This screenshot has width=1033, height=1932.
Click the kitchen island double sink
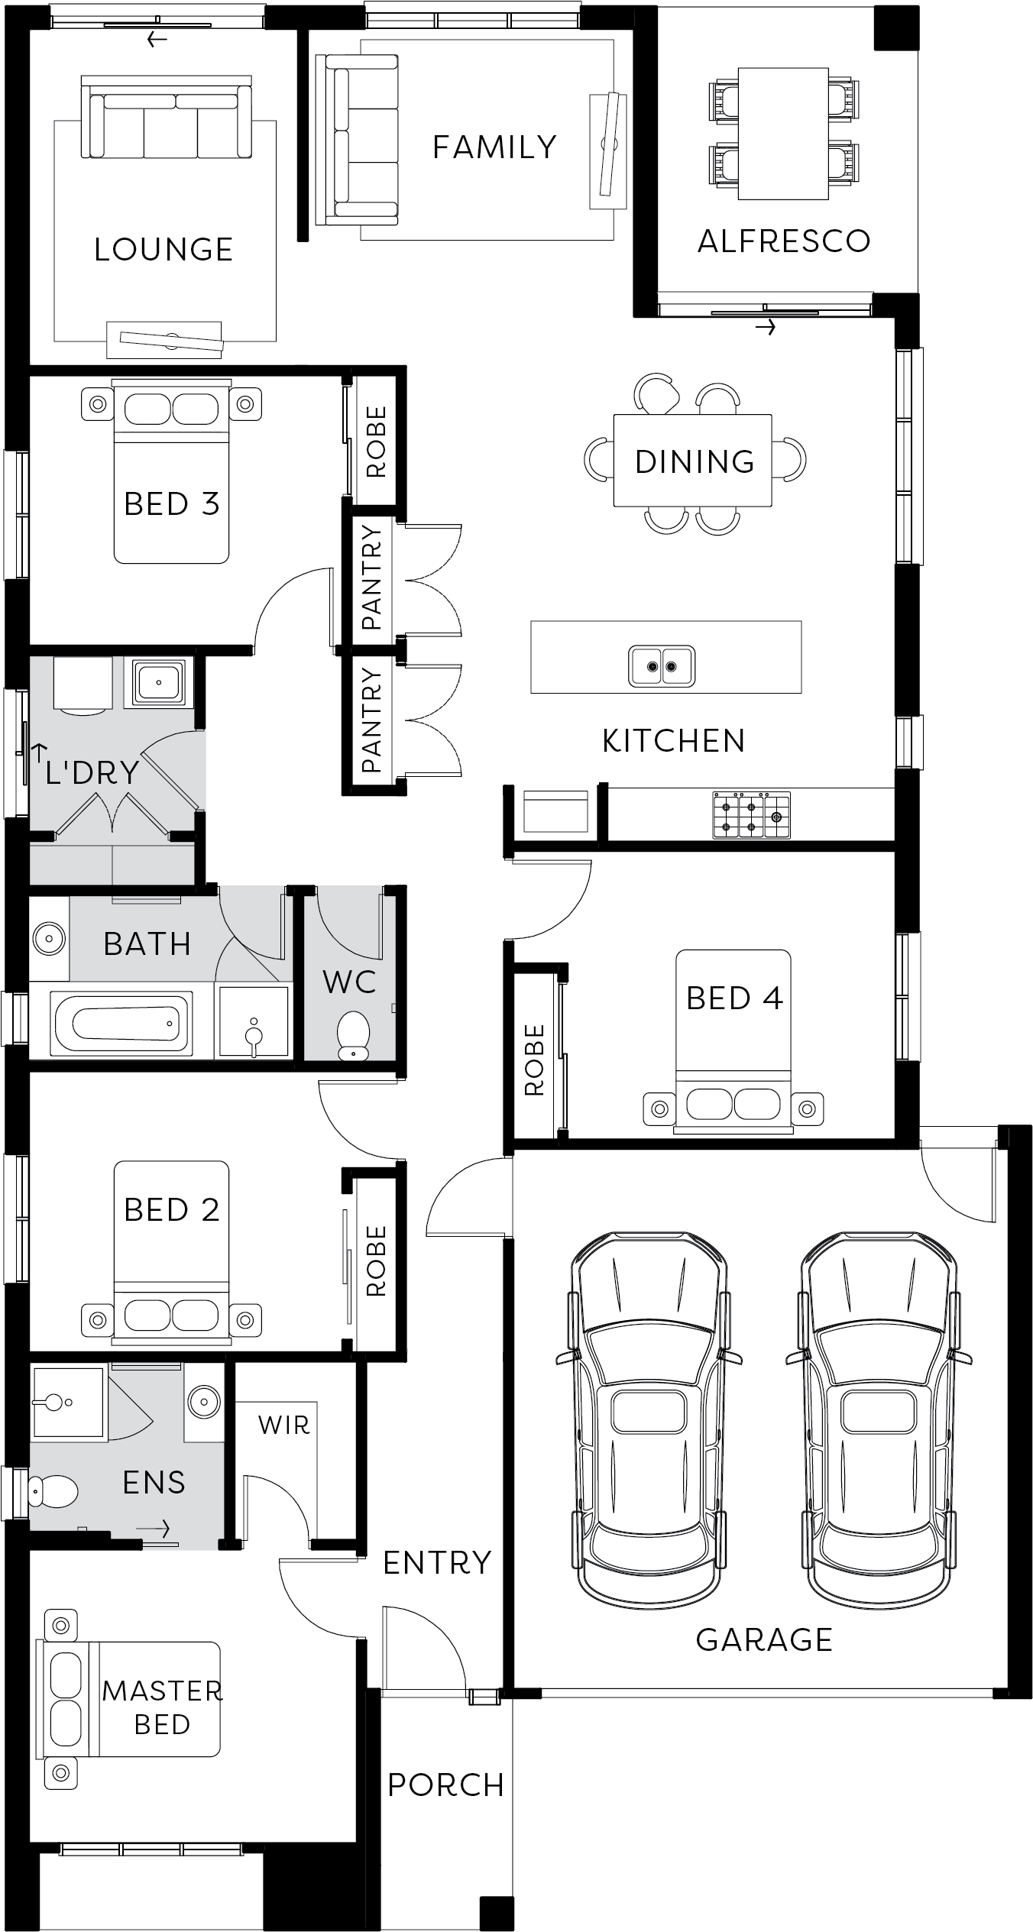662,665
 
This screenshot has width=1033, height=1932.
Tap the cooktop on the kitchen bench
751,815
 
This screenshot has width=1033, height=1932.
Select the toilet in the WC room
353,1036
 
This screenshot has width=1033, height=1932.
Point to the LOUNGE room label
164,250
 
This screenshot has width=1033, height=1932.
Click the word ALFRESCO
784,241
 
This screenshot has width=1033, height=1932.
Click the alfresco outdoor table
784,134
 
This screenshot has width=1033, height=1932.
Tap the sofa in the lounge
167,118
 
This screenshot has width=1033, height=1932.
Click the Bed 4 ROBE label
534,1060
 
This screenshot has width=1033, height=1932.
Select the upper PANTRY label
371,578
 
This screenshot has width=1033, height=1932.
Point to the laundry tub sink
158,681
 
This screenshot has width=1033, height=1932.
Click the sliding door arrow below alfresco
766,328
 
